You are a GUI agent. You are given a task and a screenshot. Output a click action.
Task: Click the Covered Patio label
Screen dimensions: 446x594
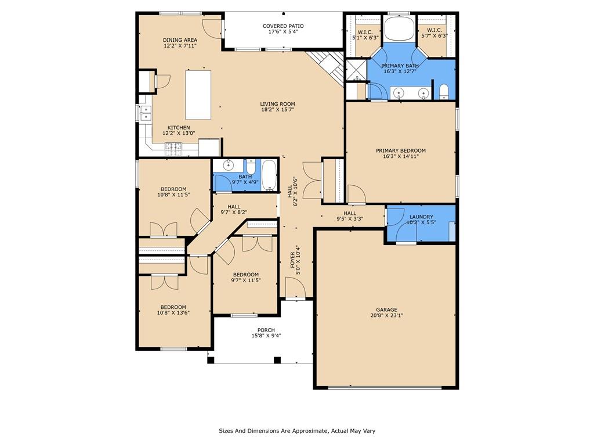click(283, 26)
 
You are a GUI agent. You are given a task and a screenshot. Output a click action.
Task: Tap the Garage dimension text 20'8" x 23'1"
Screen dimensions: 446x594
click(386, 316)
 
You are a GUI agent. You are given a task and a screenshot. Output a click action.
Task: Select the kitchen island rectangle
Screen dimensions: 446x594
click(198, 95)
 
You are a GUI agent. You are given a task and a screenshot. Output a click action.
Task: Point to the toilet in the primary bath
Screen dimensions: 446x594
click(444, 91)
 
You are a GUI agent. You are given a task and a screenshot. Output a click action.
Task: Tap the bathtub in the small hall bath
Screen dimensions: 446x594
click(269, 175)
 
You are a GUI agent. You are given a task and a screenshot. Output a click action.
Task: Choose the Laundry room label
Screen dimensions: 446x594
click(421, 217)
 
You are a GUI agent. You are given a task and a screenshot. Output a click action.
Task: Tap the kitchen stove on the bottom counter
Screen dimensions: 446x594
click(173, 148)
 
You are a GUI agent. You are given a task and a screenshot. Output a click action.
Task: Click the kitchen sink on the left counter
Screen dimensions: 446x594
click(144, 113)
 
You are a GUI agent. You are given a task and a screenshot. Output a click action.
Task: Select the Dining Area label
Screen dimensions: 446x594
click(179, 40)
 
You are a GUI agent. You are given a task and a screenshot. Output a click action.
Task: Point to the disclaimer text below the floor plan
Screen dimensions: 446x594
click(296, 431)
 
